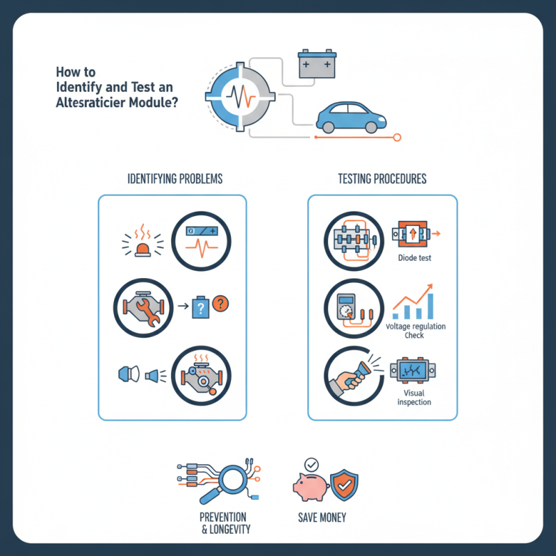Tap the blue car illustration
pyautogui.click(x=351, y=117)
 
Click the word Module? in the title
pyautogui.click(x=154, y=102)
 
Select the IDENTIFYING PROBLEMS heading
pyautogui.click(x=175, y=179)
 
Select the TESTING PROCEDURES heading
pyautogui.click(x=382, y=179)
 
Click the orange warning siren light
pyautogui.click(x=142, y=250)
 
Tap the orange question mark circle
pyautogui.click(x=220, y=304)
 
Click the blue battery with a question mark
pyautogui.click(x=201, y=307)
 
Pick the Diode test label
pyautogui.click(x=414, y=258)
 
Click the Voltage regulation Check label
pyautogui.click(x=416, y=331)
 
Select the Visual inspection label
pyautogui.click(x=414, y=398)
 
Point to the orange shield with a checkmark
pyautogui.click(x=344, y=484)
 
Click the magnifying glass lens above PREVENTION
pyautogui.click(x=233, y=480)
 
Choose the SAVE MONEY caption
pyautogui.click(x=322, y=518)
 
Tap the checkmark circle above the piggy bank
pyautogui.click(x=311, y=464)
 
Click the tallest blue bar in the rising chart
pyautogui.click(x=430, y=306)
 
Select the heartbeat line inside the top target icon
pyautogui.click(x=240, y=96)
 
